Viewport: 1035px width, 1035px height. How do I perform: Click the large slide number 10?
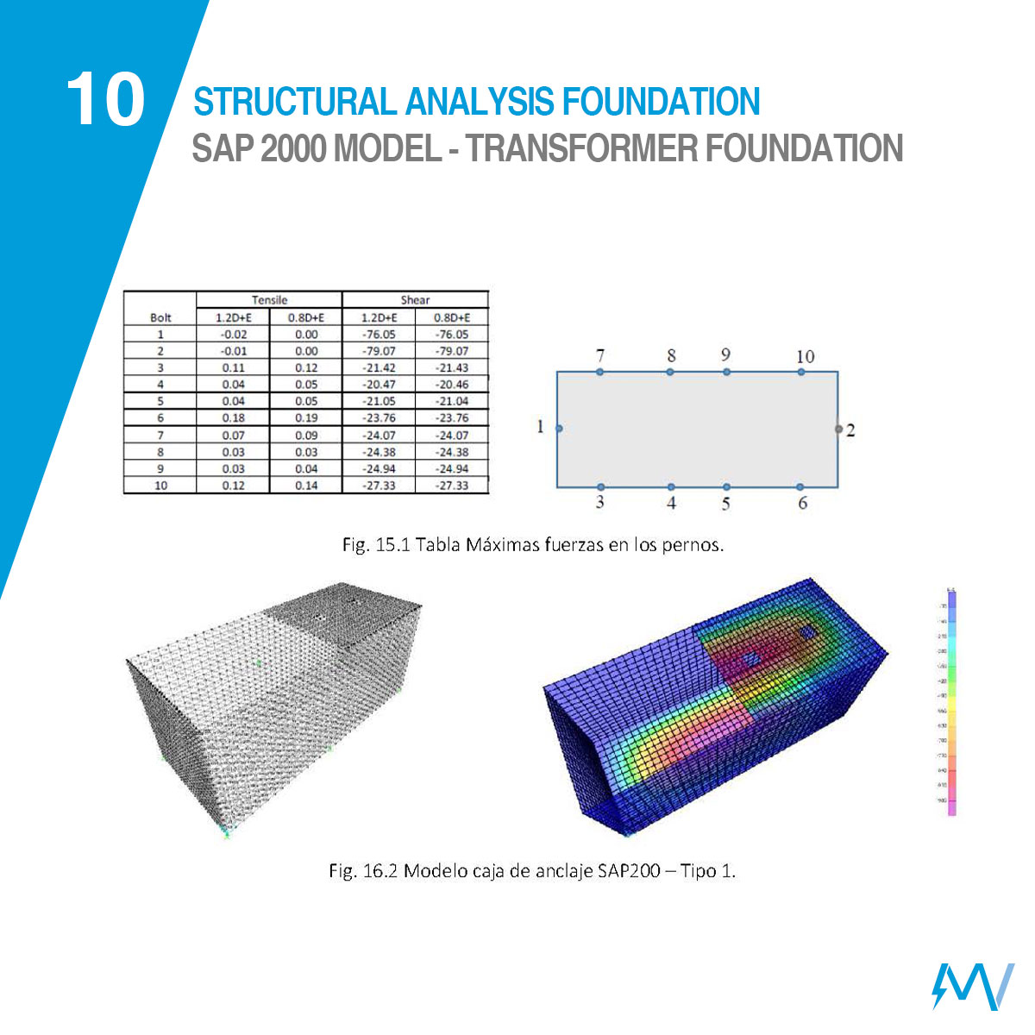(x=105, y=99)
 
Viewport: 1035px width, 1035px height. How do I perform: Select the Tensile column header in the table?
(x=269, y=300)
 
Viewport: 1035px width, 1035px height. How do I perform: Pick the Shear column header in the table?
(x=415, y=300)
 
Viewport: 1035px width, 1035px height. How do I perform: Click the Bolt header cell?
(x=160, y=317)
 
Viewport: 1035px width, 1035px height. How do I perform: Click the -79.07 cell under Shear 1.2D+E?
(x=378, y=351)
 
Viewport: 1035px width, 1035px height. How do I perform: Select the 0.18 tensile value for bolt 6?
(x=233, y=418)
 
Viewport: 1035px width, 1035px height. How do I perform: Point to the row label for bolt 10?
(x=160, y=486)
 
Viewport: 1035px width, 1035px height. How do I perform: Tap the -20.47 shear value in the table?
(x=378, y=385)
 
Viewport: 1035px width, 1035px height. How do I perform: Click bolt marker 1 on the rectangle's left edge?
(x=559, y=429)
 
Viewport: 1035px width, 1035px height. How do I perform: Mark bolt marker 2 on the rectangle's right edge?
(x=838, y=429)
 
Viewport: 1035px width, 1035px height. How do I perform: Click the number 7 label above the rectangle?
(x=600, y=355)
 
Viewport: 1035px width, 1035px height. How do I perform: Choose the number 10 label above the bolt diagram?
(x=804, y=355)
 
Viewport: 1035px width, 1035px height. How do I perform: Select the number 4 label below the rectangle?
(x=671, y=503)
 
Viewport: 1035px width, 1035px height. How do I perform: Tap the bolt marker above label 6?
(x=801, y=487)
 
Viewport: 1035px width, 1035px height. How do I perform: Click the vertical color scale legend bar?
(x=952, y=703)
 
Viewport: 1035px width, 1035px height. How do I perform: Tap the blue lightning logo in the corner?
(x=973, y=985)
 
